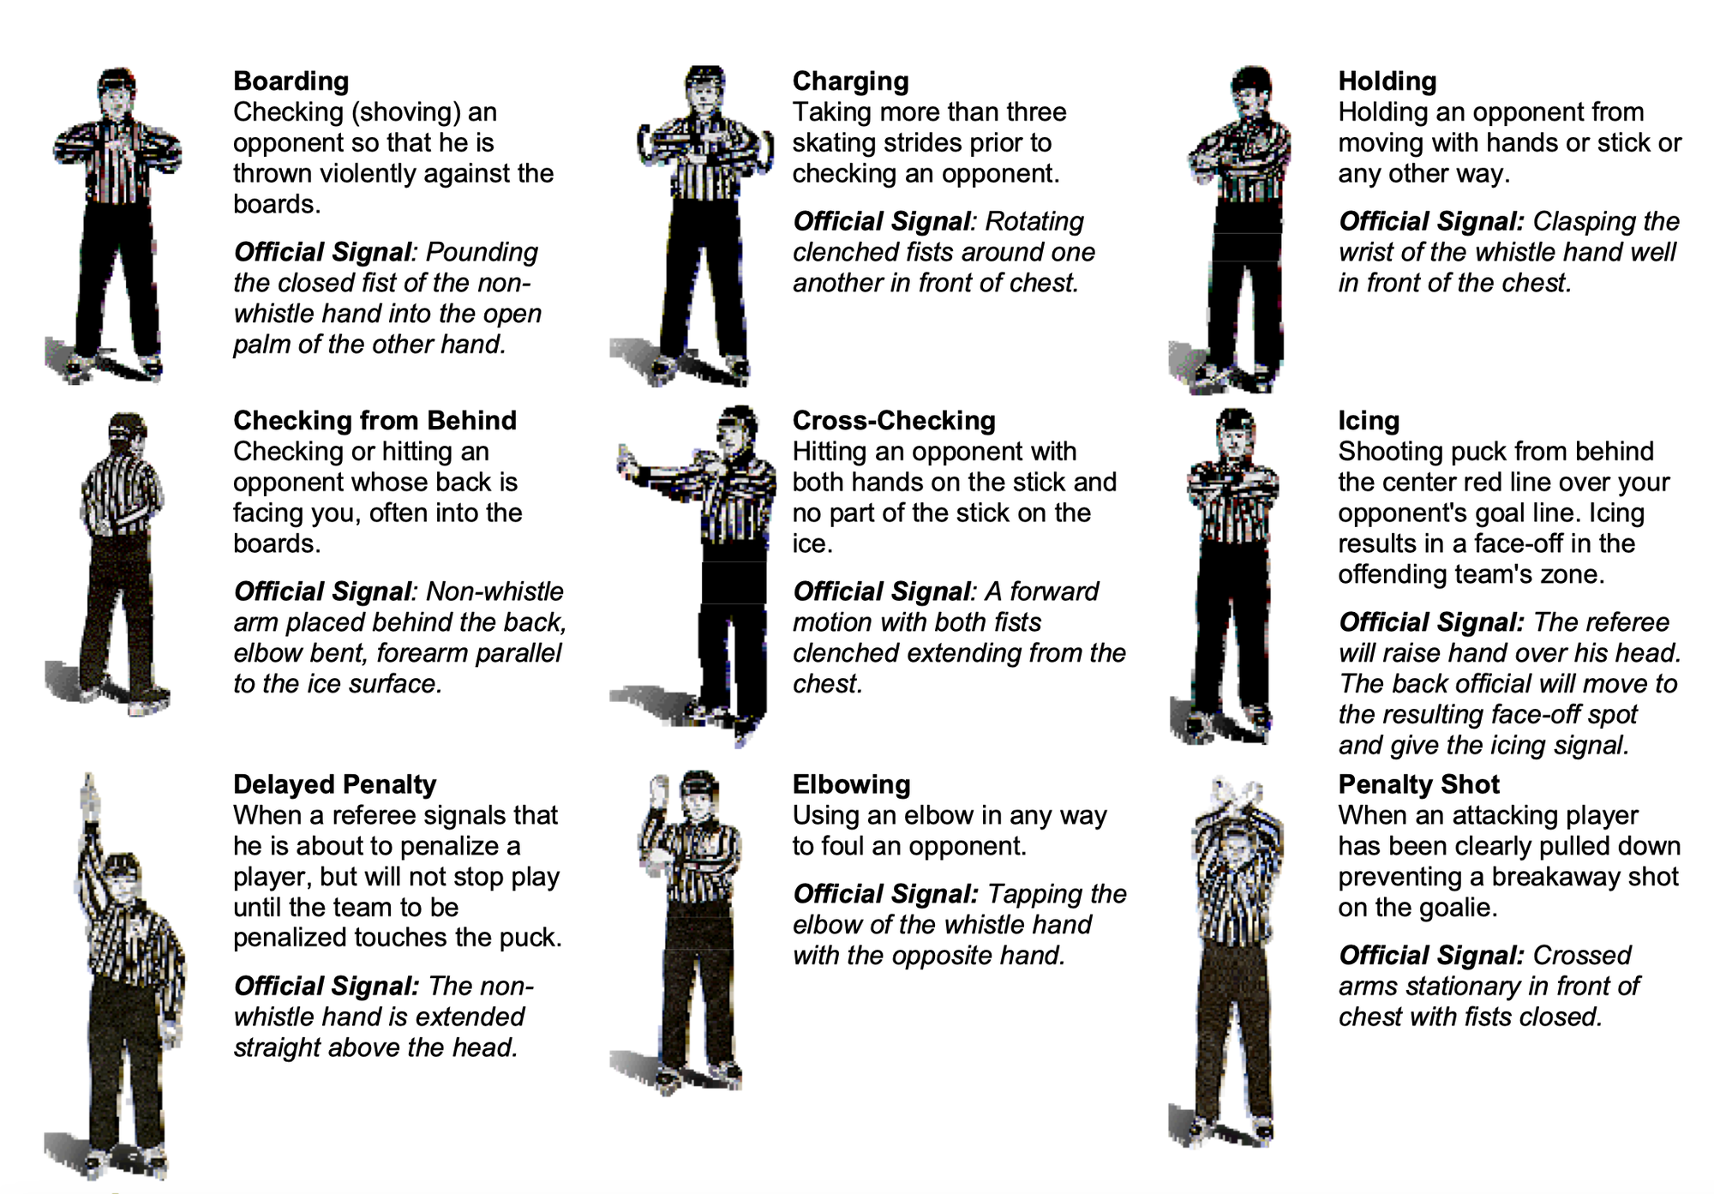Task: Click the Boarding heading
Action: [x=291, y=81]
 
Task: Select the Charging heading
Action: [x=850, y=81]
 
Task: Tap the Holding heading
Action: [x=1387, y=81]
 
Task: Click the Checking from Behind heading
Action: [x=375, y=421]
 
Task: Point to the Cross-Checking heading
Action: [x=893, y=421]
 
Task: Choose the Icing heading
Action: [x=1368, y=421]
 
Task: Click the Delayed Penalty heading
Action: [x=334, y=784]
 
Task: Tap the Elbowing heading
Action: [x=851, y=784]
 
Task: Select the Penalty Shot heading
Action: [x=1418, y=784]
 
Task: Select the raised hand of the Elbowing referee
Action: [x=659, y=789]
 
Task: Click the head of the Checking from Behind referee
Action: [x=127, y=433]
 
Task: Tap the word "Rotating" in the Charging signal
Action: [x=1034, y=222]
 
